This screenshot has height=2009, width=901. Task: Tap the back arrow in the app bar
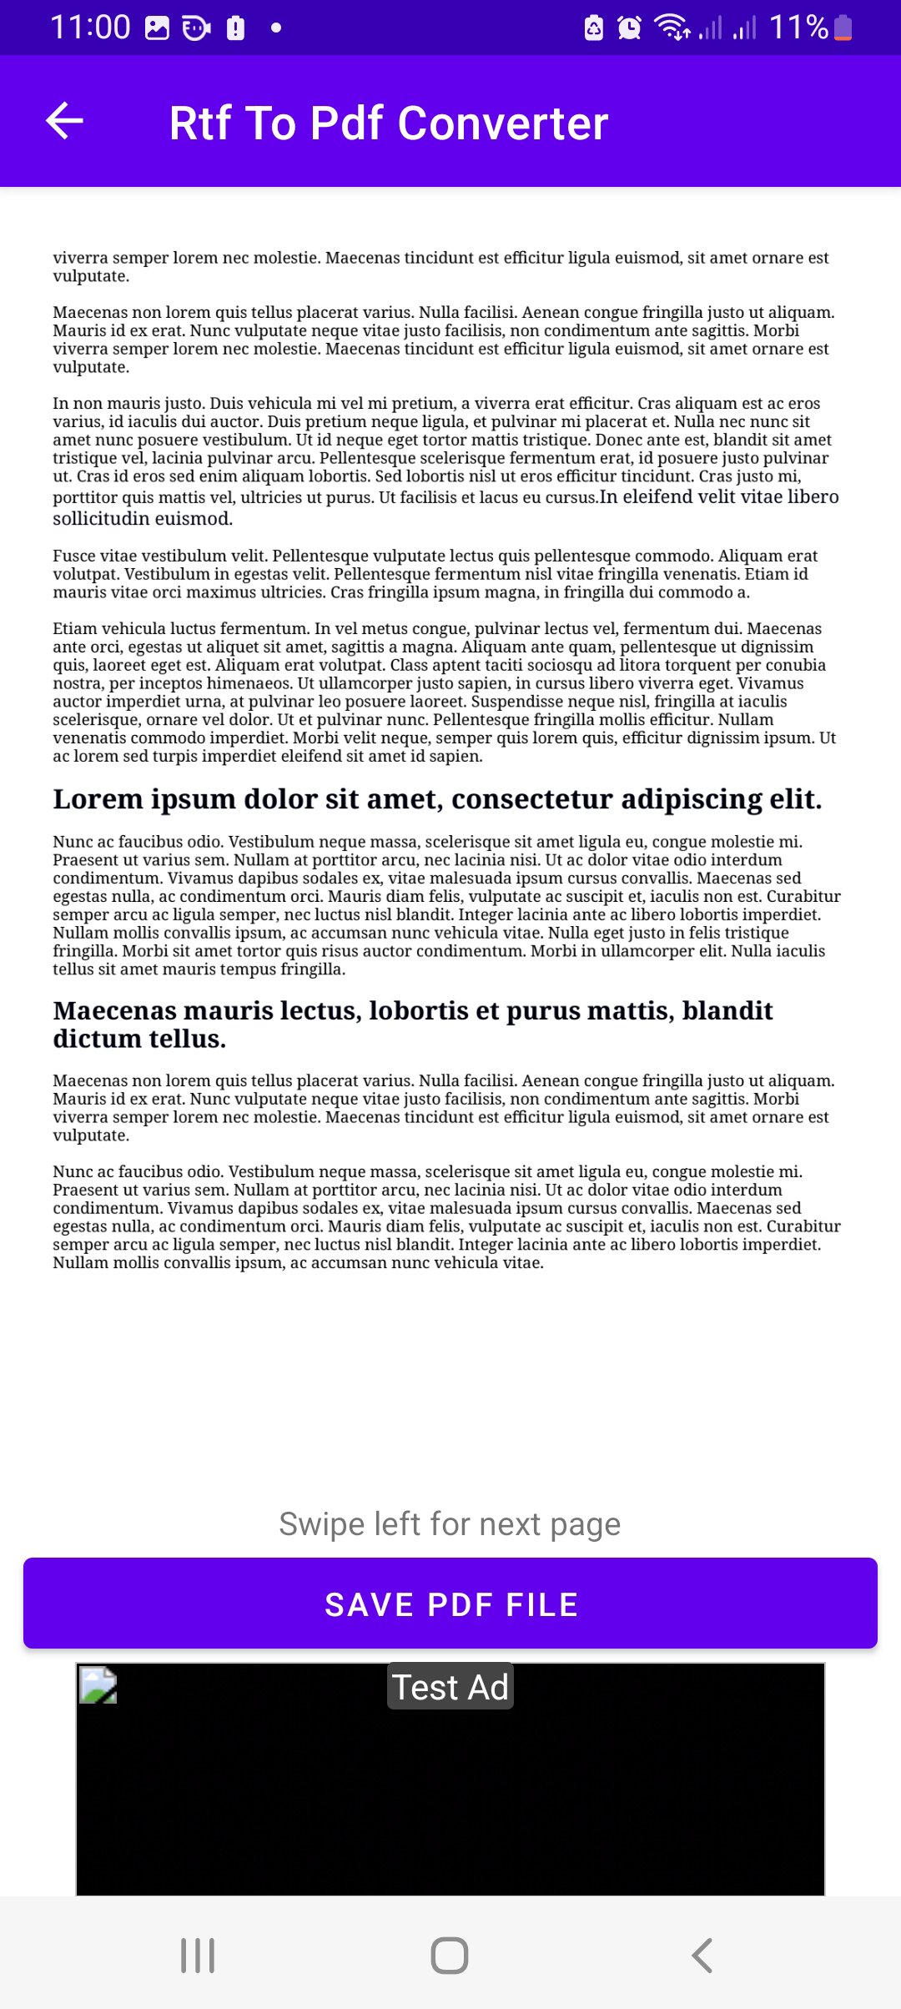coord(64,121)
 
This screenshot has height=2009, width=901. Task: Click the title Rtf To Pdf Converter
coord(388,123)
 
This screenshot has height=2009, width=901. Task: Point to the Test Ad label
coord(450,1687)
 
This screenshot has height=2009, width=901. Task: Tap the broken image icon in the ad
coord(98,1685)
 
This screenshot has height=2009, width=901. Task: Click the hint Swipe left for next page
coord(450,1524)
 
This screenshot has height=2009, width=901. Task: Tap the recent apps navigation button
coord(198,1955)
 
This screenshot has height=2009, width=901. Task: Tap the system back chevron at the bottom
coord(702,1955)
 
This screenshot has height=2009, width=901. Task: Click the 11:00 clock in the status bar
coord(90,28)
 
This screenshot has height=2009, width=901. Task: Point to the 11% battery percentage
coord(798,28)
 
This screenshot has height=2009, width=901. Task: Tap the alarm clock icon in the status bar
coord(629,28)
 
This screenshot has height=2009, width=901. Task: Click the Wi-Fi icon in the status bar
coord(672,28)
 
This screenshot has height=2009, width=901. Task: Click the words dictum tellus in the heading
coord(139,1040)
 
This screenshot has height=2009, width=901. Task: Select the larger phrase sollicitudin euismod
coord(143,519)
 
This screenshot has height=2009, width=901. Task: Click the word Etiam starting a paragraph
coord(75,629)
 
